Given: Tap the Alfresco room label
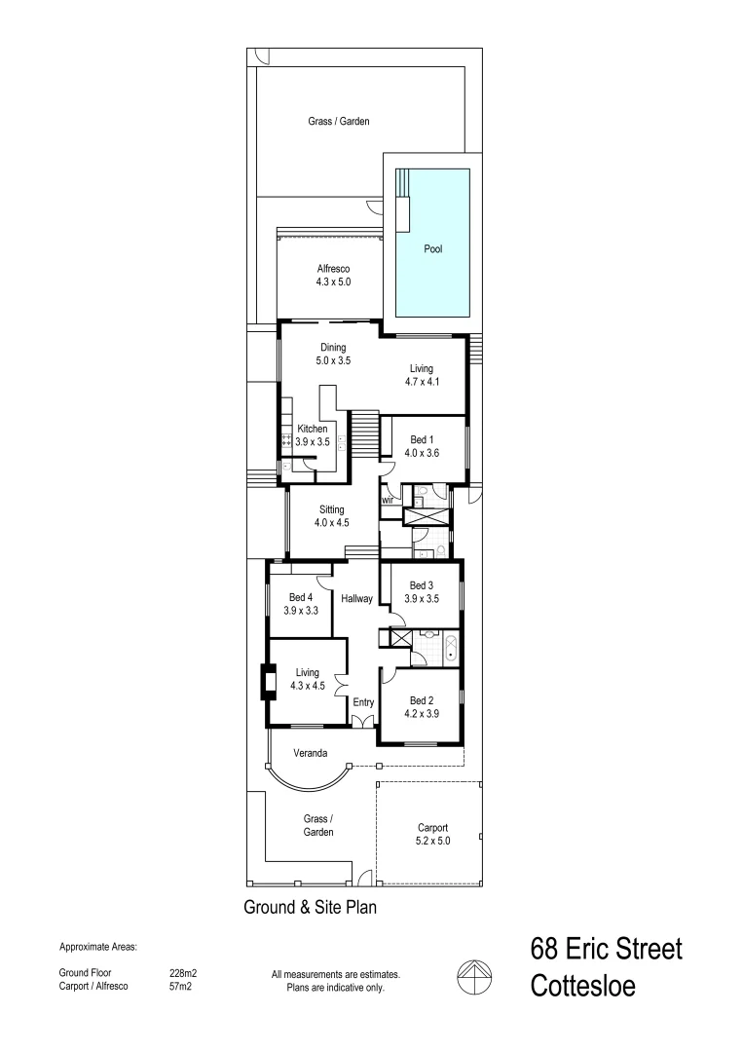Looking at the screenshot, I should tap(333, 275).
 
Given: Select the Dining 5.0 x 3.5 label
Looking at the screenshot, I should tap(333, 354).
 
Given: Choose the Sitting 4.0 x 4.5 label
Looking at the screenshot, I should tap(331, 515).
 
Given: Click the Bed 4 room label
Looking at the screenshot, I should tap(301, 604).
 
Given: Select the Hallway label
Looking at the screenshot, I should tap(357, 599).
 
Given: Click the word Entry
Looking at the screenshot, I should tap(363, 701).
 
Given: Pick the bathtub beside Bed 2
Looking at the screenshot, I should tap(450, 649).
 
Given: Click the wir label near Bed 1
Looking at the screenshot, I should tap(387, 500).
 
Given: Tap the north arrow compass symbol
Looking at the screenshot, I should tap(472, 975).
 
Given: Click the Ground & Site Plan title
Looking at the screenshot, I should tap(309, 907).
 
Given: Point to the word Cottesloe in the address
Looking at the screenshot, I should tap(582, 986).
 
